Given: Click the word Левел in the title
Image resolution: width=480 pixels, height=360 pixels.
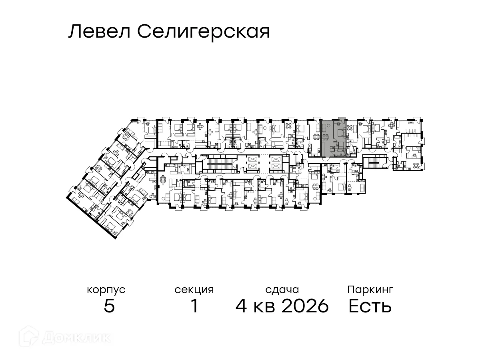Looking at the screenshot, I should pyautogui.click(x=99, y=32).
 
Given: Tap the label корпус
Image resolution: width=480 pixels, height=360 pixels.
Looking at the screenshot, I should pyautogui.click(x=106, y=290).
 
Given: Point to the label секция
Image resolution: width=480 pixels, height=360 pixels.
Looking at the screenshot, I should pyautogui.click(x=194, y=290).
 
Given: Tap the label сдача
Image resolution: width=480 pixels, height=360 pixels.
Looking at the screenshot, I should pyautogui.click(x=282, y=290).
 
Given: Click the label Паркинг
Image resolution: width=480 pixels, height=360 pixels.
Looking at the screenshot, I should pyautogui.click(x=370, y=289).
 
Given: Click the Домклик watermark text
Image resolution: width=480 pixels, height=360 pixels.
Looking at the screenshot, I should pyautogui.click(x=76, y=338).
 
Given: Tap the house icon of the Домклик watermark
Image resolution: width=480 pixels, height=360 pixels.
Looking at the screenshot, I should pyautogui.click(x=31, y=338).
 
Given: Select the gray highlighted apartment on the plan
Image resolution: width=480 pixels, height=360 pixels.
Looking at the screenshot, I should pyautogui.click(x=334, y=138).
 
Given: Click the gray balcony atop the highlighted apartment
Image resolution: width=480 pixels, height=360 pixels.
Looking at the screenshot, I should pyautogui.click(x=341, y=119).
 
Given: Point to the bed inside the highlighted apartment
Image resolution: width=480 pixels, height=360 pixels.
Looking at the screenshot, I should pyautogui.click(x=340, y=132).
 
